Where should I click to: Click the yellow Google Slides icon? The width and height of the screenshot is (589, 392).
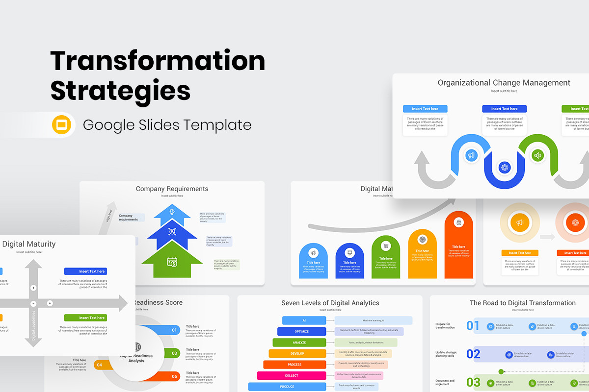(x=62, y=125)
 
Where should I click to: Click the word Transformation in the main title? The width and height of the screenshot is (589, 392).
(x=158, y=61)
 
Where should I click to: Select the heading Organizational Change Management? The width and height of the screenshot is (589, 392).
(x=504, y=83)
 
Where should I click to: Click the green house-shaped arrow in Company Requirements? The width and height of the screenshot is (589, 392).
(x=172, y=260)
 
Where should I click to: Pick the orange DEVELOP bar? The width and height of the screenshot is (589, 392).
(x=297, y=353)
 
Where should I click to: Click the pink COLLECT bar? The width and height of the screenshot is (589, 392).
(x=291, y=375)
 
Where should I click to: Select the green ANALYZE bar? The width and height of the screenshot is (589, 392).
(x=299, y=343)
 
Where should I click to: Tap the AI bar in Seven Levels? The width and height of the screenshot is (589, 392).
(x=304, y=320)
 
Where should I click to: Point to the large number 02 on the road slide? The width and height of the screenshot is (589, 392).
(x=473, y=354)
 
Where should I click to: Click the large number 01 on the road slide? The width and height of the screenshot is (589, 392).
(x=473, y=326)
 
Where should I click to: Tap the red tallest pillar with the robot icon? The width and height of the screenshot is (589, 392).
(x=458, y=245)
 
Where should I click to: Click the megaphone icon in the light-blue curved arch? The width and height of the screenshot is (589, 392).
(x=471, y=155)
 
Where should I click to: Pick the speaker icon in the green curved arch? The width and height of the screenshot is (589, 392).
(x=537, y=156)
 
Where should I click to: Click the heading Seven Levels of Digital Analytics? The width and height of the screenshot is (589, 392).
(x=330, y=303)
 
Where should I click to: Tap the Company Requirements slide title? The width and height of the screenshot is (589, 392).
(x=172, y=189)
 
